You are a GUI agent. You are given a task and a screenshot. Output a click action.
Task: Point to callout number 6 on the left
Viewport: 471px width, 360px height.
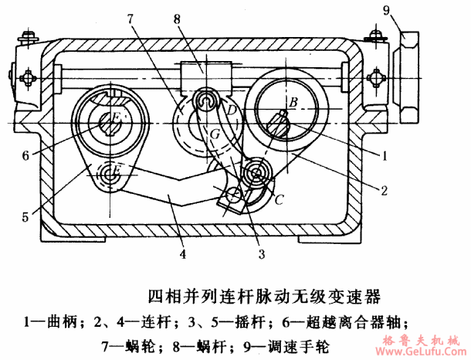[x=25, y=155]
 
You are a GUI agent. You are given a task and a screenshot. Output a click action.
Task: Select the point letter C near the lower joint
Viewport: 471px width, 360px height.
[x=279, y=199]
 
